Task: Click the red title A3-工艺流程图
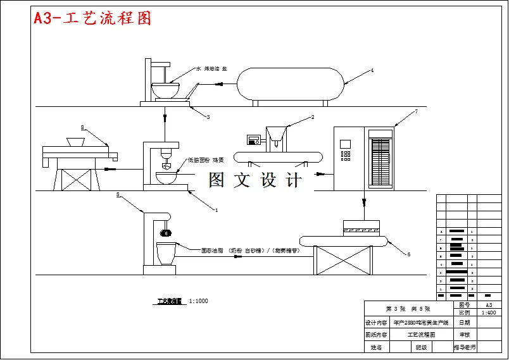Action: click(92, 18)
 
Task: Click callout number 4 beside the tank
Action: click(372, 71)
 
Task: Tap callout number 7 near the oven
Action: click(416, 112)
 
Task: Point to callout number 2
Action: click(312, 117)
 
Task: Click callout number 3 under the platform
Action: click(208, 117)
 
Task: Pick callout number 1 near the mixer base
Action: click(216, 209)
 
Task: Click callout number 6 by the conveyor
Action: click(408, 254)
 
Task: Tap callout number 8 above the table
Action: click(82, 127)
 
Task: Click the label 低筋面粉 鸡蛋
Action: click(205, 160)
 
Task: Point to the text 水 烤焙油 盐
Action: click(211, 68)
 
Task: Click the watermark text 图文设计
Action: click(256, 180)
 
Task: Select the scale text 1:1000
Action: click(198, 301)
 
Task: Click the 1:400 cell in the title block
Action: click(489, 313)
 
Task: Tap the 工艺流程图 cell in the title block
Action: click(420, 335)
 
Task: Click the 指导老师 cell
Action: click(464, 347)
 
